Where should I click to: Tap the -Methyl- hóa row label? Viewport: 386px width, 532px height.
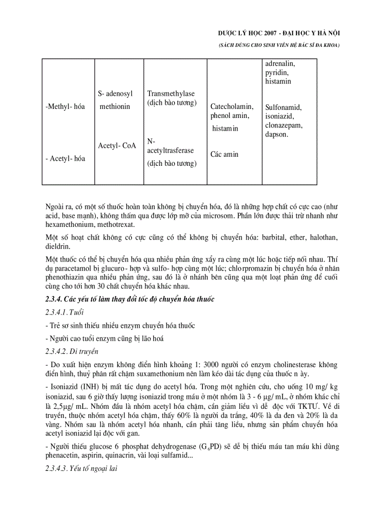coord(65,107)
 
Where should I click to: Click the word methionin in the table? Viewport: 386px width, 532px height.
coord(114,107)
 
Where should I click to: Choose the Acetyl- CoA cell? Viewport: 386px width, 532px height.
coord(117,145)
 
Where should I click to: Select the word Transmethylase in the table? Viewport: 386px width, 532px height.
coord(171,94)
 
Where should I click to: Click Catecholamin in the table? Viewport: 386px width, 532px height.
coord(232,107)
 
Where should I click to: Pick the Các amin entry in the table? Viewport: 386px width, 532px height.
coord(225,154)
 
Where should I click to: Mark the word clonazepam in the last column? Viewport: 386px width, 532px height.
coord(284,126)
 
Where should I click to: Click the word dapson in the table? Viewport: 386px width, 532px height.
coord(277,135)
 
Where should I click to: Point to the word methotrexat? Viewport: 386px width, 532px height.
coord(113,224)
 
